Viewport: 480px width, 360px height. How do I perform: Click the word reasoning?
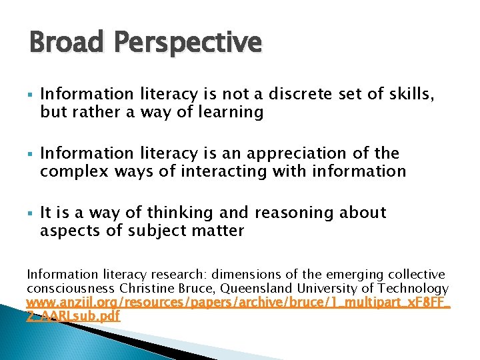coord(293,213)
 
